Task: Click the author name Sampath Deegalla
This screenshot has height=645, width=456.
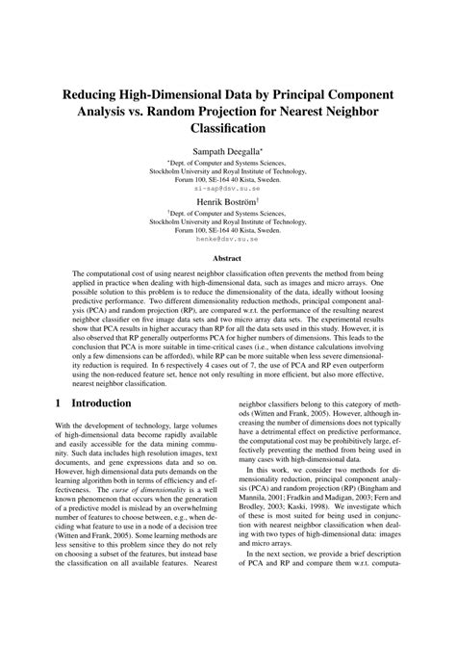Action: (x=228, y=152)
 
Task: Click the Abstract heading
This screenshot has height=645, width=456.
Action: (x=228, y=259)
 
